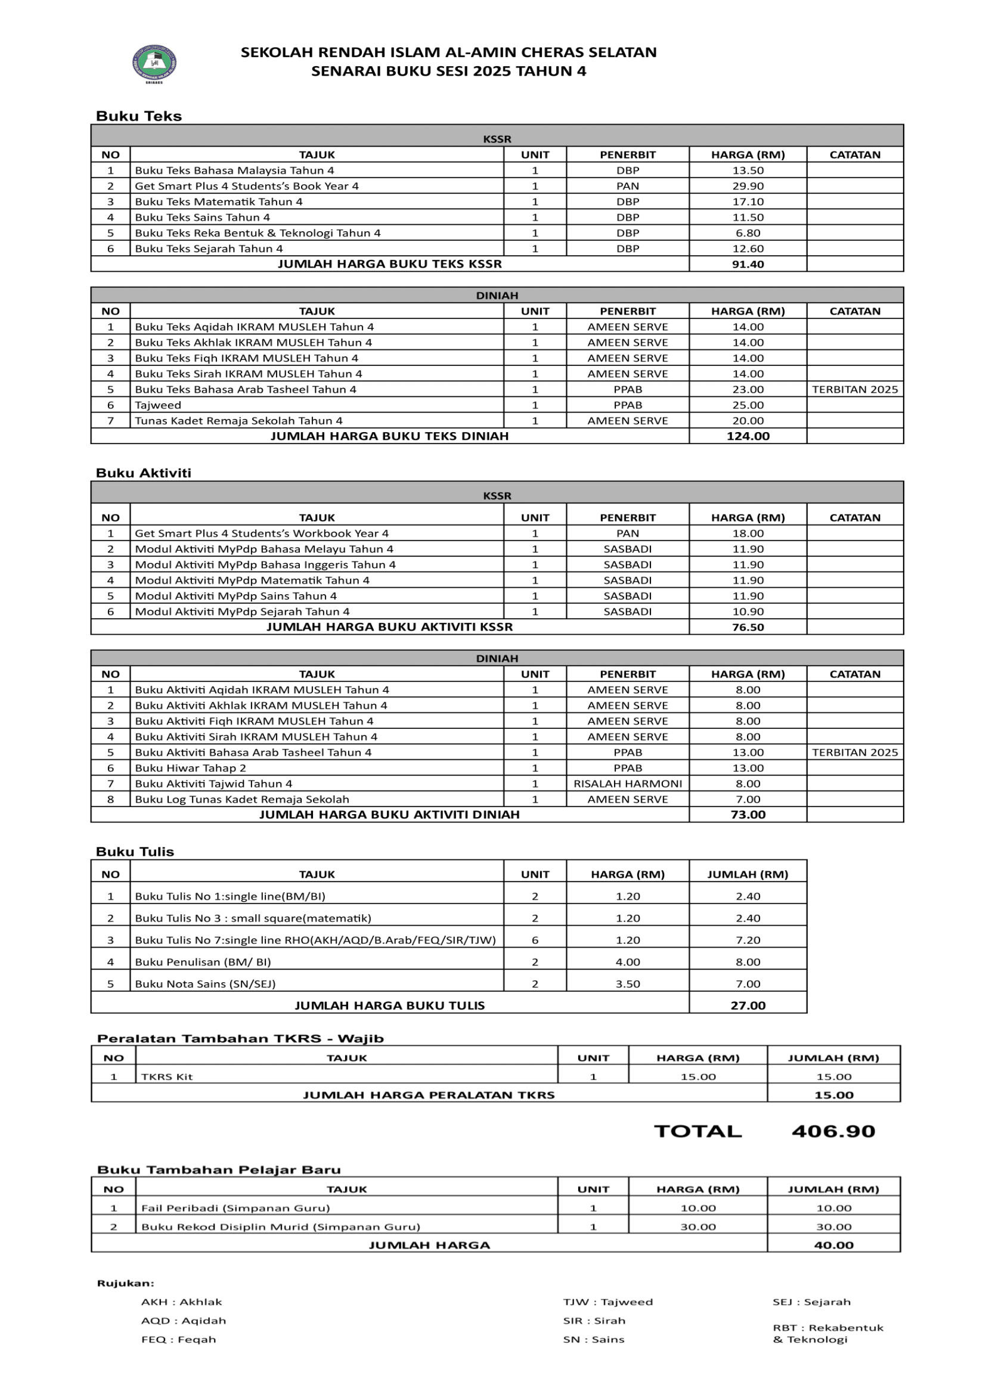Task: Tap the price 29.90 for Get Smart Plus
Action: pos(748,186)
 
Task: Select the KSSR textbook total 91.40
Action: pos(748,264)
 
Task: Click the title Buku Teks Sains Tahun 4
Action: pos(202,218)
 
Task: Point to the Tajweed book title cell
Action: pos(158,405)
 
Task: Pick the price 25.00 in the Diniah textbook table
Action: pos(748,405)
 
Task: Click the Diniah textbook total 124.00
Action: pos(748,436)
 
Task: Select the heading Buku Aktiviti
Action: pos(143,473)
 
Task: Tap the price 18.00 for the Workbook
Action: pos(748,533)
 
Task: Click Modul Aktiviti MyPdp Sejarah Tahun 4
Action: pos(241,611)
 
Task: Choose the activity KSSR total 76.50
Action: pos(748,627)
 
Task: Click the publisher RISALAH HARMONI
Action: pos(627,784)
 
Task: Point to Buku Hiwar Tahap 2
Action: pos(190,768)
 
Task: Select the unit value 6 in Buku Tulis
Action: pos(535,940)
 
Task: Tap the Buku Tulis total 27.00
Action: pos(748,1005)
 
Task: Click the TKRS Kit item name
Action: pos(166,1077)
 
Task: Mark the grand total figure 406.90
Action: pos(833,1132)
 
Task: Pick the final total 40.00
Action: pos(833,1245)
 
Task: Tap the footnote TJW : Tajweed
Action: pos(607,1302)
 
